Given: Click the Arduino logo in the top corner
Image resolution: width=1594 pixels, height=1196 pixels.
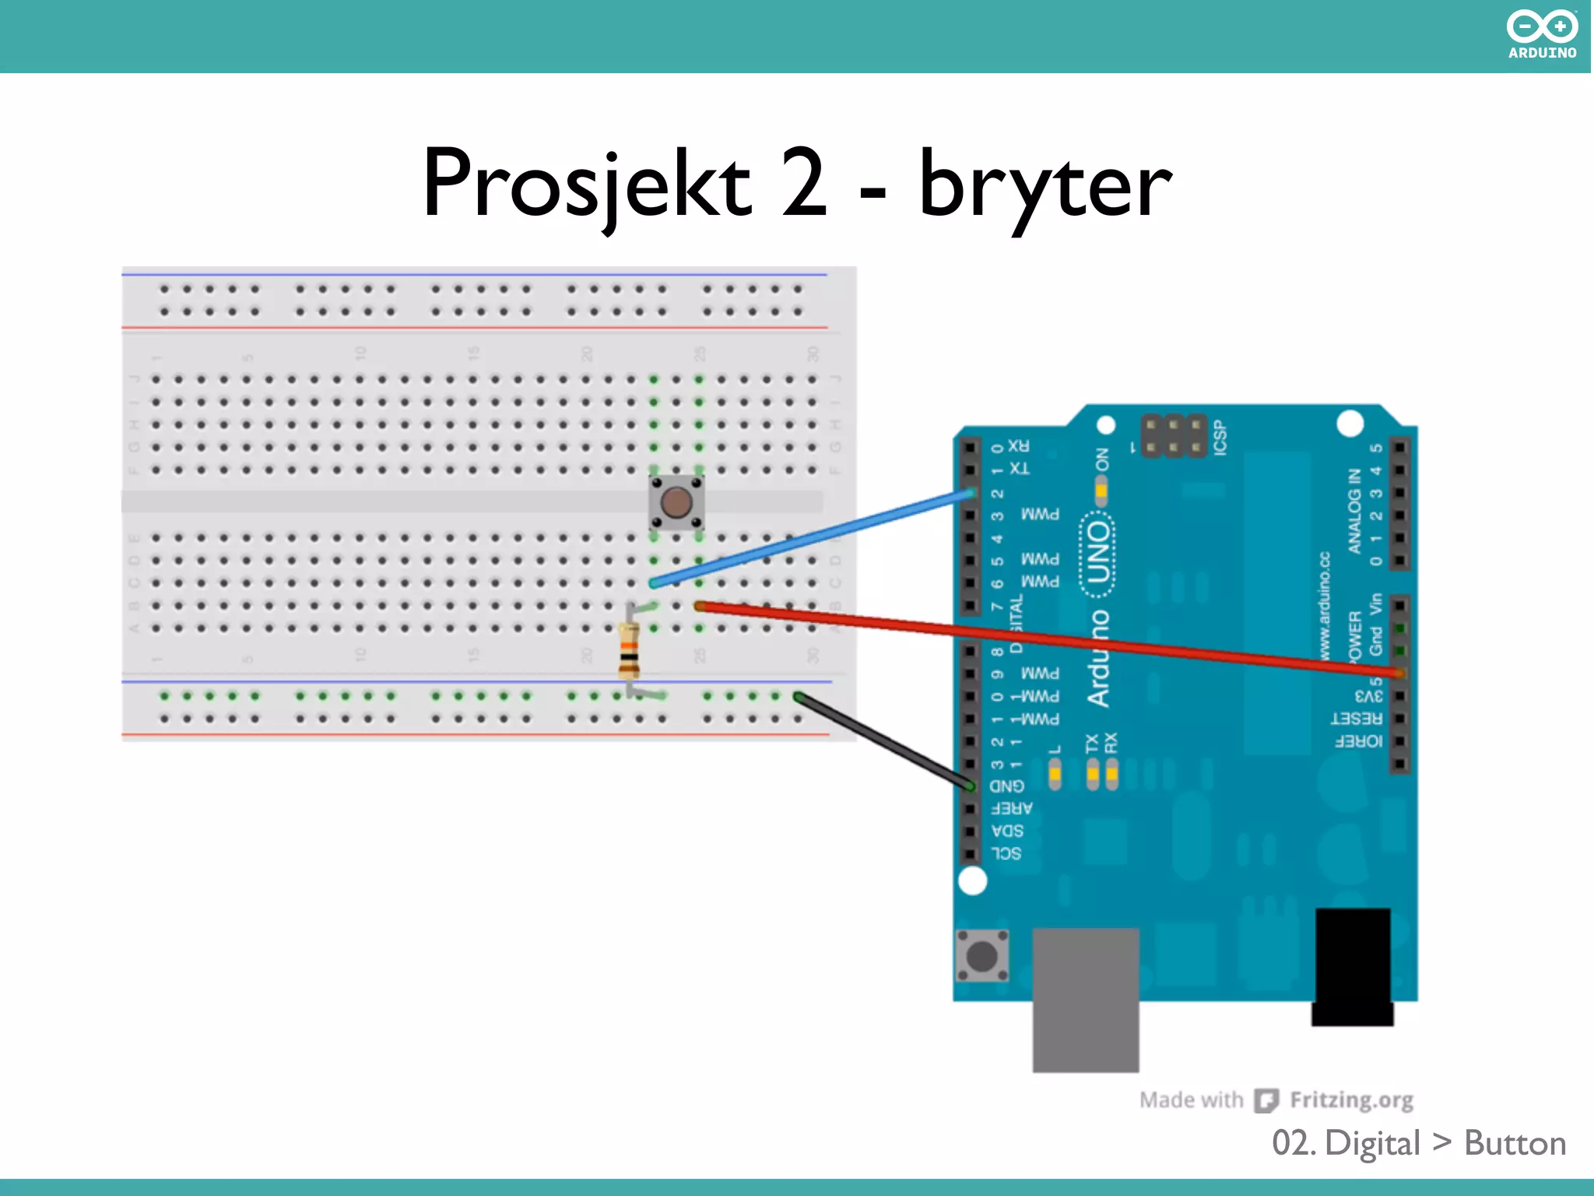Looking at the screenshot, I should tap(1541, 34).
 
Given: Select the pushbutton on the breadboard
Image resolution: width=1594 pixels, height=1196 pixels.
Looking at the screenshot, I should tap(676, 502).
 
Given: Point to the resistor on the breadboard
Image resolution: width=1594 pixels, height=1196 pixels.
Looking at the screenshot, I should tap(629, 651).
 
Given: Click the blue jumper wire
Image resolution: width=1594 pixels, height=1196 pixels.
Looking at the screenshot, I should tap(809, 538).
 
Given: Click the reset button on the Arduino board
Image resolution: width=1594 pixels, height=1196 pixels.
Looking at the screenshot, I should tap(982, 955).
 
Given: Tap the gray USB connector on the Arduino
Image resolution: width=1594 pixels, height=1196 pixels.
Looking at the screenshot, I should tap(1085, 1000).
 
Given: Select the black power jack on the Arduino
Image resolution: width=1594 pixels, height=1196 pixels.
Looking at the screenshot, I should tap(1353, 966).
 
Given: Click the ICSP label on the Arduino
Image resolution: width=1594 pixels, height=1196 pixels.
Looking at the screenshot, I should tap(1220, 437).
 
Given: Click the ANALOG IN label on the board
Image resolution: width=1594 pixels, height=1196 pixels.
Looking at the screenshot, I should tap(1355, 511).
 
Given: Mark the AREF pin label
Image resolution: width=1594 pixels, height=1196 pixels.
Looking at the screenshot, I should tap(1012, 808).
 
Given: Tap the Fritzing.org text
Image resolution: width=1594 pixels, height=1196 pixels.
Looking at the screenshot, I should tap(1351, 1099).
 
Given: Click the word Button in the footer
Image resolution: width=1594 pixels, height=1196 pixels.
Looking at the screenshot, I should tap(1515, 1143).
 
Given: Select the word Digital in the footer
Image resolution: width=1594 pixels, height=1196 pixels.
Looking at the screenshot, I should tap(1372, 1143).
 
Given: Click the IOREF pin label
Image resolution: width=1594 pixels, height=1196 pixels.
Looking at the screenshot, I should tap(1359, 741).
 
